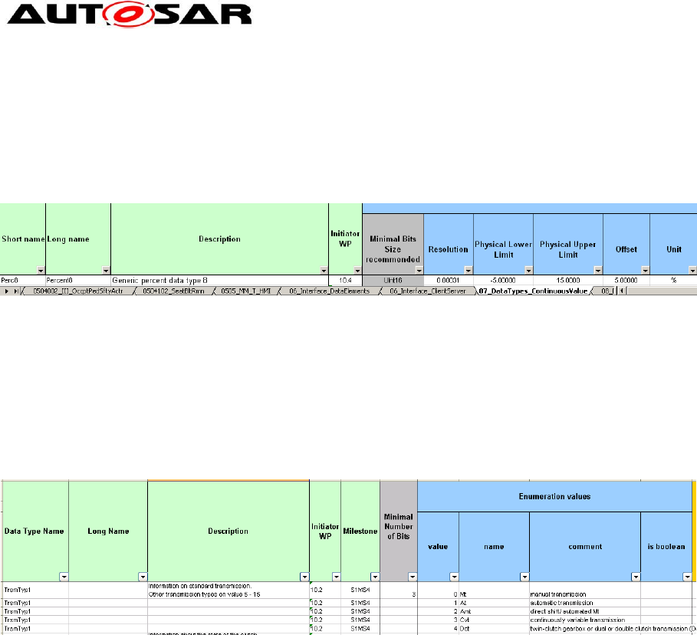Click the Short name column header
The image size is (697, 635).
(23, 239)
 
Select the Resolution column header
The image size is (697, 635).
(449, 249)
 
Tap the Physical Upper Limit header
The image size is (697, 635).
(567, 249)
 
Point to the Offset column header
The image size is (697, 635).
(626, 249)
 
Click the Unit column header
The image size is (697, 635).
(673, 249)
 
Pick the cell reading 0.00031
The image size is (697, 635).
(449, 281)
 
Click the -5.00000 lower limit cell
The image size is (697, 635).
(502, 281)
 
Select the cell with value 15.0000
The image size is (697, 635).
(567, 281)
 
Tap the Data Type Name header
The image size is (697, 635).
(34, 531)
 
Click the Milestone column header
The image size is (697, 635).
(360, 531)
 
